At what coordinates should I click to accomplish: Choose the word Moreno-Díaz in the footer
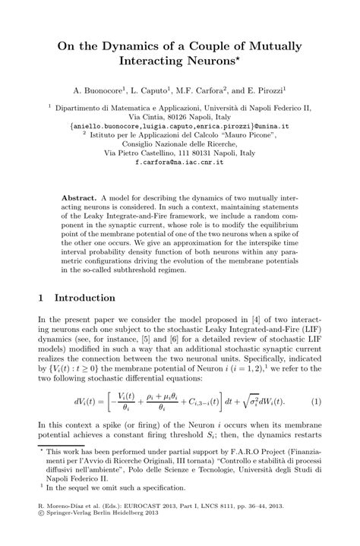tap(68, 525)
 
